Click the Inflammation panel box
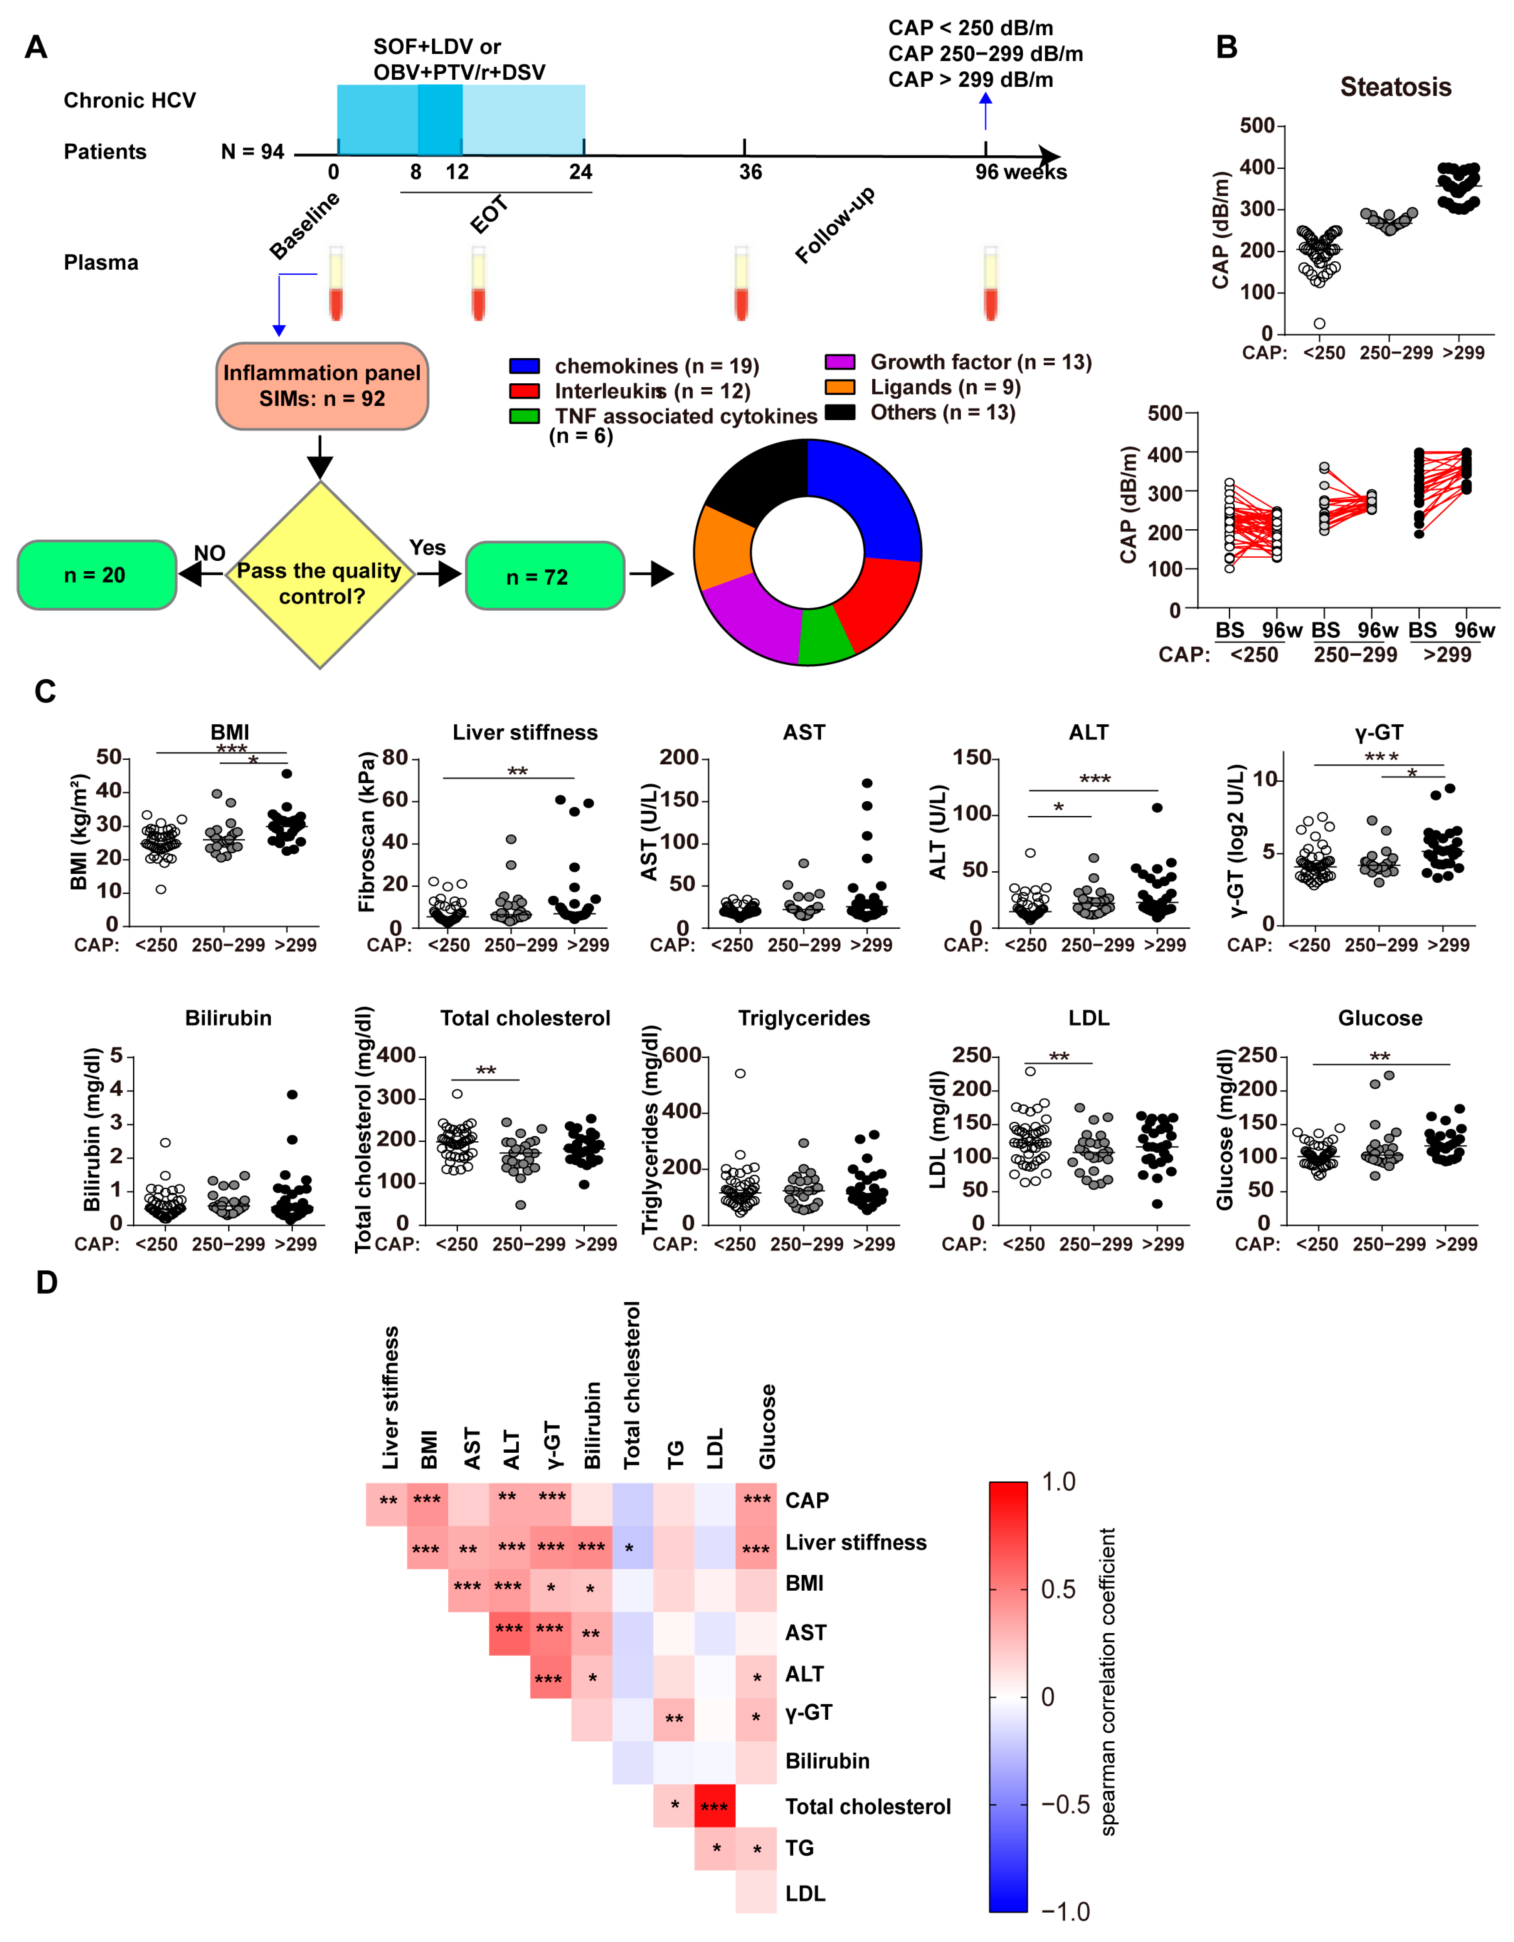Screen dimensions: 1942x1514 coord(322,386)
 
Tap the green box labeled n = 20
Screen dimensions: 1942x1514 coord(96,575)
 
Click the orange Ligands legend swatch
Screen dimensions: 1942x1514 coord(840,388)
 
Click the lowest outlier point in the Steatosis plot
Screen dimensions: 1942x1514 coord(1319,324)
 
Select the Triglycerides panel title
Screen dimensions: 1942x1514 coord(803,1018)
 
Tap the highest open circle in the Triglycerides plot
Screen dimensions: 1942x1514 coord(740,1073)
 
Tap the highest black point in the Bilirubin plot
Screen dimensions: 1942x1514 coord(292,1094)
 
